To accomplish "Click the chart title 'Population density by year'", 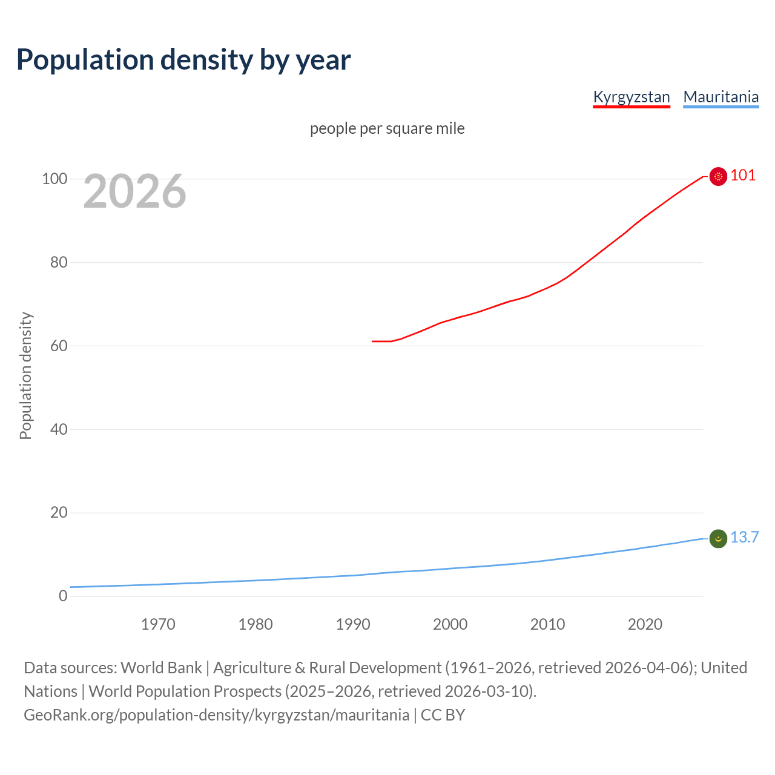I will click(x=183, y=60).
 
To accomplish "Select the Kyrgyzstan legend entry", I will click(x=632, y=97).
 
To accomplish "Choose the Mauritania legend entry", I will click(x=721, y=97).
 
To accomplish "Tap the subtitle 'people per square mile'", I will click(x=387, y=129).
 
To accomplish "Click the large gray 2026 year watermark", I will click(x=134, y=191).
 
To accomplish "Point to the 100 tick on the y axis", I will click(x=54, y=179).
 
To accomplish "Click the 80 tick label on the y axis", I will click(x=58, y=263).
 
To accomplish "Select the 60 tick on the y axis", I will click(x=58, y=346).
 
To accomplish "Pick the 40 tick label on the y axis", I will click(x=58, y=429).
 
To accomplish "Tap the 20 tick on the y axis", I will click(x=58, y=513).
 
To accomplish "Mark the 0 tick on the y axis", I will click(x=63, y=596).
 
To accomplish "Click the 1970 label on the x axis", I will click(x=158, y=624).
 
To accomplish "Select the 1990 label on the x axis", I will click(x=353, y=624).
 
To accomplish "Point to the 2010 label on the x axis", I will click(x=547, y=624).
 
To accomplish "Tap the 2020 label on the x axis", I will click(x=645, y=624).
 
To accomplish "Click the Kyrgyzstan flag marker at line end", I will click(x=718, y=176).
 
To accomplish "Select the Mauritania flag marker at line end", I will click(x=718, y=538).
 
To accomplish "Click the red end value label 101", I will click(x=743, y=176).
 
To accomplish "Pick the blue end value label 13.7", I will click(x=744, y=538).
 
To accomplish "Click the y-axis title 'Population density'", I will click(x=25, y=375).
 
